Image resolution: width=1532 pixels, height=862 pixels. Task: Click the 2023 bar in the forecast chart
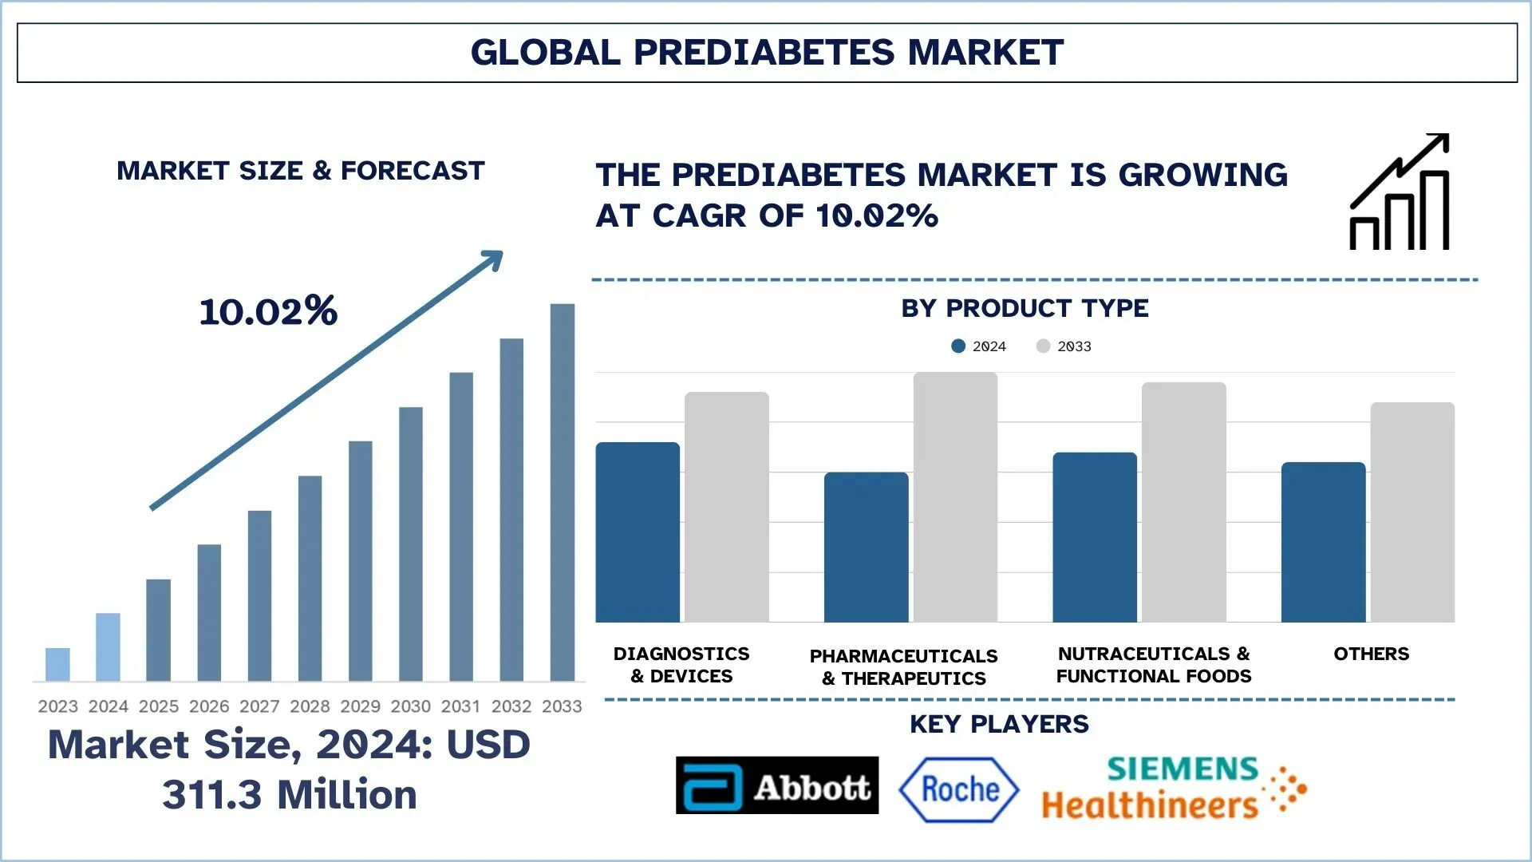(x=57, y=664)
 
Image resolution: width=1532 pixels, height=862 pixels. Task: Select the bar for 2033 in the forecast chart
(x=562, y=492)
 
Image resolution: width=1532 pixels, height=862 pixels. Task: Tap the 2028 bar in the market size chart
(x=310, y=578)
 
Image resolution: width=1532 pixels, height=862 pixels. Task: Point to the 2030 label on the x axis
(x=410, y=706)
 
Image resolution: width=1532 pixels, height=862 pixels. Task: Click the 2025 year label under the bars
(x=158, y=706)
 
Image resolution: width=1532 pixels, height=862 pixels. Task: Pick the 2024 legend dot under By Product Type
(x=958, y=346)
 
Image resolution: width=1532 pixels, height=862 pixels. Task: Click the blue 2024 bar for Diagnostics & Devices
(x=638, y=532)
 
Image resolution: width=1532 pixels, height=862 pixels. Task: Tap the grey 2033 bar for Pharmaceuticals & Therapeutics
(x=955, y=496)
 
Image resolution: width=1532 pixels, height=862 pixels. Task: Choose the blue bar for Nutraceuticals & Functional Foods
(x=1095, y=537)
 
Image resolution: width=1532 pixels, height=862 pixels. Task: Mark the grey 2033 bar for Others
(x=1412, y=512)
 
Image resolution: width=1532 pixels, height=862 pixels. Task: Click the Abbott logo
(x=776, y=785)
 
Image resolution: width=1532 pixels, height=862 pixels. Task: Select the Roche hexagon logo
(x=959, y=789)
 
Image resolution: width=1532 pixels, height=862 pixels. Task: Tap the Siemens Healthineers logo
(x=1173, y=789)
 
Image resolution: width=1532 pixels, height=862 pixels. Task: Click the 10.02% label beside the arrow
(x=268, y=310)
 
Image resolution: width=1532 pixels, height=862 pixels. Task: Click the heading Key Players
(x=998, y=724)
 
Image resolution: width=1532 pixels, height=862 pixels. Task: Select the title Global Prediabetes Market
(x=767, y=53)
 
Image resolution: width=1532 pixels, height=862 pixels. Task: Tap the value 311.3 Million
(x=289, y=795)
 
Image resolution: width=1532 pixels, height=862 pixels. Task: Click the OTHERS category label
(x=1371, y=654)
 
